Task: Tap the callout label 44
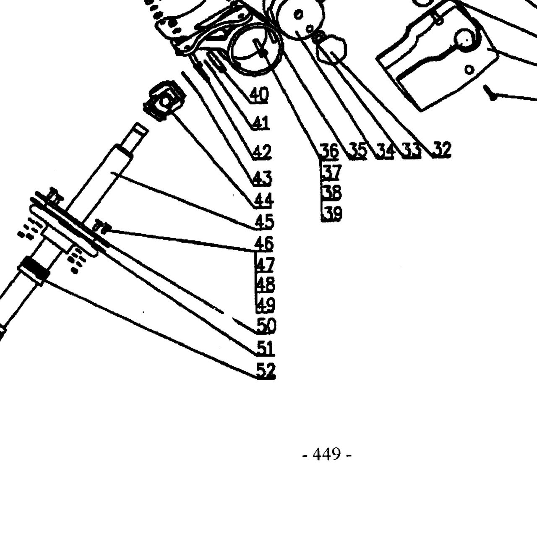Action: [263, 200]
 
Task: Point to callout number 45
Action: [264, 222]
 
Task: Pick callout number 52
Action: [266, 370]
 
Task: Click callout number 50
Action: [266, 326]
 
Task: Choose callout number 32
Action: [442, 149]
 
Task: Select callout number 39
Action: [332, 214]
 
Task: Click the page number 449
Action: [327, 454]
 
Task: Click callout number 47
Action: [265, 265]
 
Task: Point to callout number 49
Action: [266, 305]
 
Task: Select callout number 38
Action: [332, 192]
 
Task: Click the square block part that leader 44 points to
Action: [164, 101]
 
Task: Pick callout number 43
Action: [262, 178]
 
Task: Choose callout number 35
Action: [358, 151]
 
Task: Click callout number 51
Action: [266, 348]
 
